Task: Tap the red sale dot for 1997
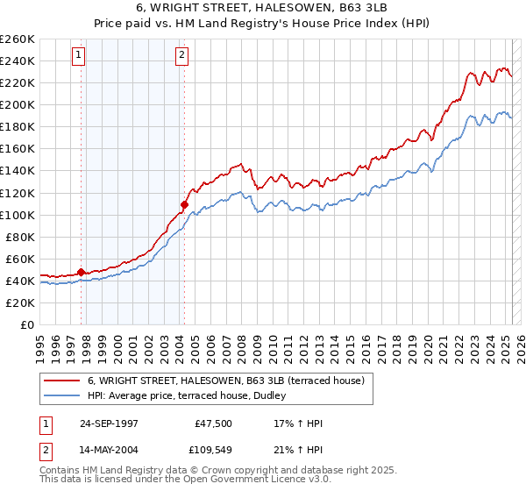pos(82,272)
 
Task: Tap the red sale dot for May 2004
pos(184,204)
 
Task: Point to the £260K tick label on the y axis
pos(18,39)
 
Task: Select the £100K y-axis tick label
pos(18,215)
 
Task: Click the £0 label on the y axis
pos(26,324)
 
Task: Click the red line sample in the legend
pos(62,381)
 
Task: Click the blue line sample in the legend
pos(62,395)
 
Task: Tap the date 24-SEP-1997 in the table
pos(108,423)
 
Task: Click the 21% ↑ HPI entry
pos(298,451)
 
